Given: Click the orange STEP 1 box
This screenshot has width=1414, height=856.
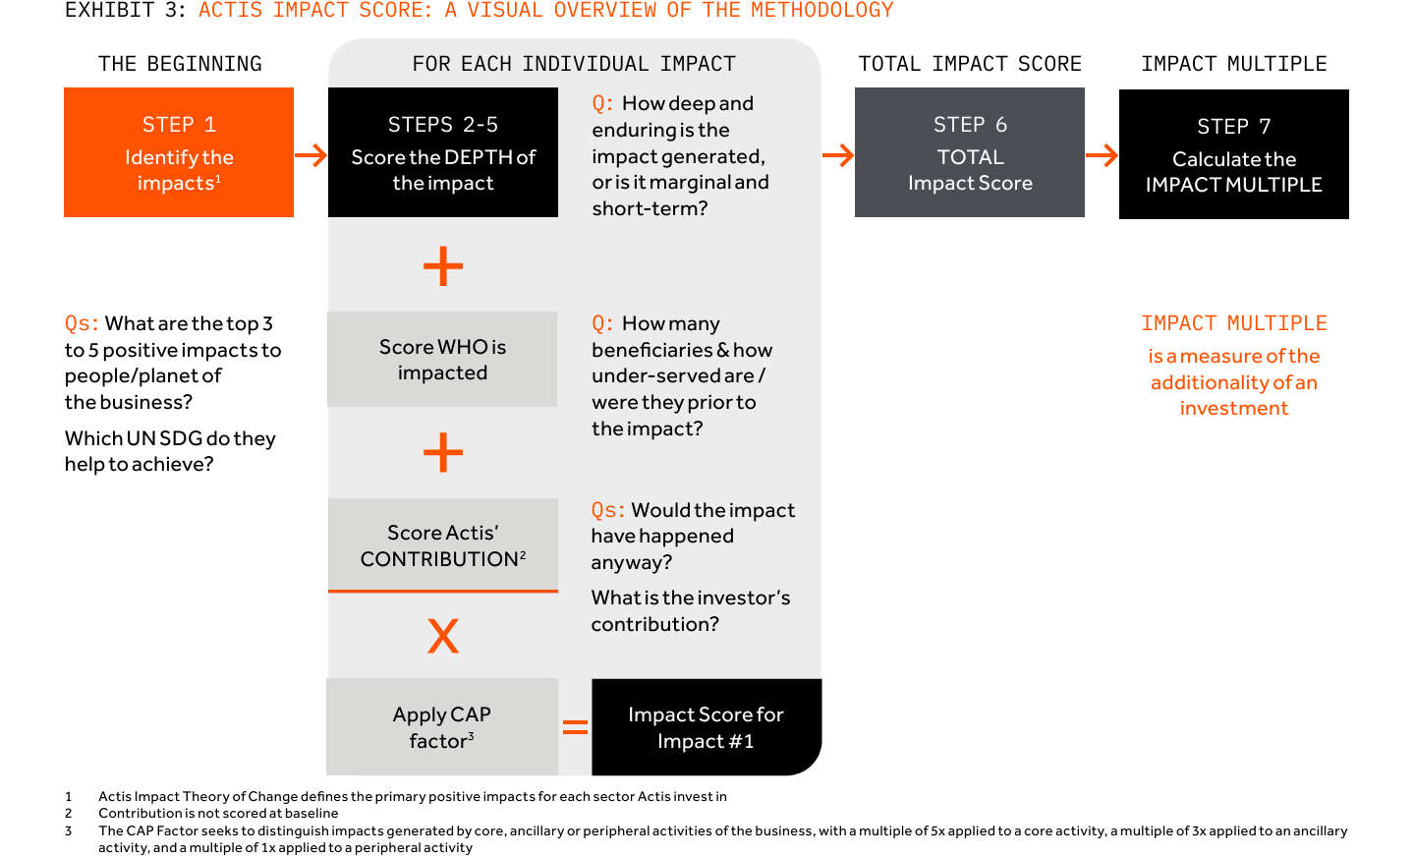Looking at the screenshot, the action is click(179, 152).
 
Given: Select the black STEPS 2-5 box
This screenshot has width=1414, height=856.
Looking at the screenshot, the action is click(442, 152).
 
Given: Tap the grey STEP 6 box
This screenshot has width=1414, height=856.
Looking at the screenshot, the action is click(970, 152).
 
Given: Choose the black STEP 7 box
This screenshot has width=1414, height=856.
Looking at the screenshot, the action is click(1234, 154).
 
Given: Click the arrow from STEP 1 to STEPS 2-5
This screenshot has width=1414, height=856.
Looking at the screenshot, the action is click(311, 155).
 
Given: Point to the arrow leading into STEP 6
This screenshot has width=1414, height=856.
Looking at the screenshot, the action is click(837, 155).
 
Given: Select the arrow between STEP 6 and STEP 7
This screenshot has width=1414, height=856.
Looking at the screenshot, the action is click(1102, 155).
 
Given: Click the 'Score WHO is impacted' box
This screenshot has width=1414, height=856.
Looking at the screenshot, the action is click(442, 359).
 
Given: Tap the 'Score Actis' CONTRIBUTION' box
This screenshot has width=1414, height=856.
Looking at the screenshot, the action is click(442, 545).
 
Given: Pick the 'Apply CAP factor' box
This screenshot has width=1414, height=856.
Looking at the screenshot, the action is click(442, 726).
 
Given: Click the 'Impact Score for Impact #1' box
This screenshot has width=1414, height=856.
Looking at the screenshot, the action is click(707, 726).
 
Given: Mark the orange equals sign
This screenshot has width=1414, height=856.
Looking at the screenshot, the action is click(575, 727).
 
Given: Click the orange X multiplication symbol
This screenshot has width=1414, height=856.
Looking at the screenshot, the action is click(443, 636).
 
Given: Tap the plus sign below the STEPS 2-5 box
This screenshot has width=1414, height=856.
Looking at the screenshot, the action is click(443, 265).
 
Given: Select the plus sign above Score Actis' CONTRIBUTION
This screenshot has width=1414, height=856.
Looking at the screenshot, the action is click(443, 452).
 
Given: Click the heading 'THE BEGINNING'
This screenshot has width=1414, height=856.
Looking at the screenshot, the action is click(180, 64).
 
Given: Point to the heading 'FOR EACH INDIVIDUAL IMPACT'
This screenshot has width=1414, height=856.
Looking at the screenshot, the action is click(574, 64).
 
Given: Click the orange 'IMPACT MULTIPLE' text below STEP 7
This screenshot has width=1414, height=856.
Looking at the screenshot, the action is click(1234, 323).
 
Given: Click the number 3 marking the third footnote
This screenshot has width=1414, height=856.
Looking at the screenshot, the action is click(68, 830).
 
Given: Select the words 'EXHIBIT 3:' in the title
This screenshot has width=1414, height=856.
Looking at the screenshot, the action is click(125, 10).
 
